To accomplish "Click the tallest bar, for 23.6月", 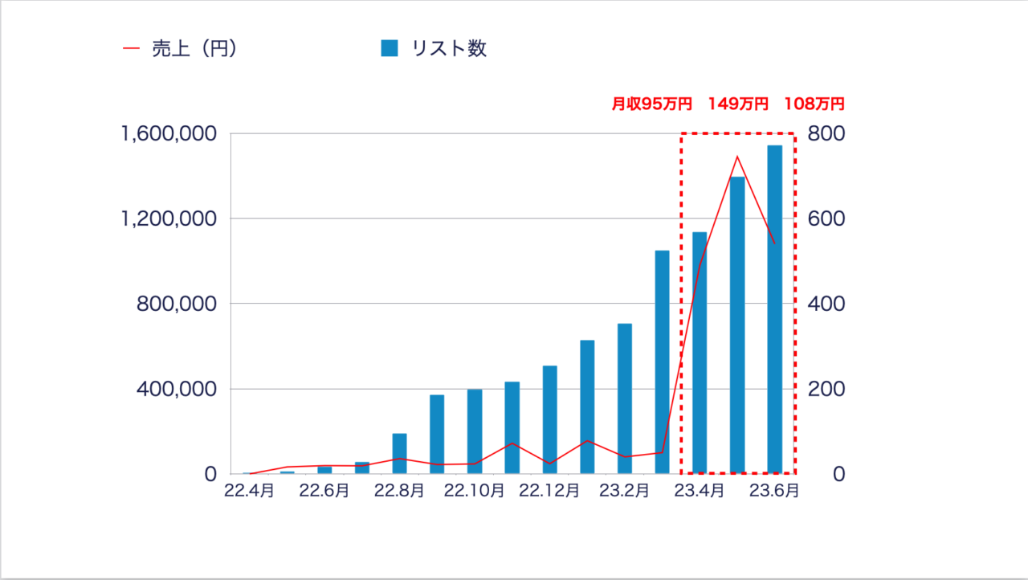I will click(774, 309).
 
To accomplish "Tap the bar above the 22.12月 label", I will click(549, 419).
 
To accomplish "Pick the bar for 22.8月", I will click(399, 453).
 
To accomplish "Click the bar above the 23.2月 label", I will click(624, 398).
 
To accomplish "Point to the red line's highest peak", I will click(736, 157).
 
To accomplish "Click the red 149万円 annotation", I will click(738, 104).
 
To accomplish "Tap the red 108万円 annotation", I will click(814, 104).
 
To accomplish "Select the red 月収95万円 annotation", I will click(651, 104).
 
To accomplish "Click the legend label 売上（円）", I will click(193, 49).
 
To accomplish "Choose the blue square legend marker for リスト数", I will click(390, 49).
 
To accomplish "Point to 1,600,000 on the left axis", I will click(169, 134).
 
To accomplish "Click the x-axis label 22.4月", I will click(249, 490).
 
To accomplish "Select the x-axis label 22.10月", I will click(474, 490).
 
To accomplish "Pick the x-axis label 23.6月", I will click(774, 490).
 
